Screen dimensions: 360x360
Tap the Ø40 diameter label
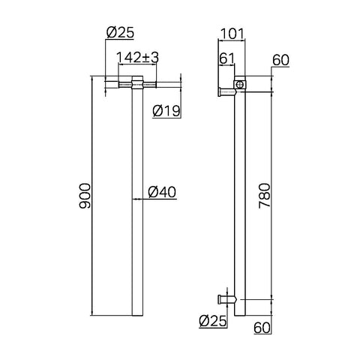click(161, 192)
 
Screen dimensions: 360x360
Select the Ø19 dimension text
click(166, 111)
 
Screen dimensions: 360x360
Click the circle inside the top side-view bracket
click(239, 86)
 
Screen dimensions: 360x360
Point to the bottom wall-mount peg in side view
click(225, 299)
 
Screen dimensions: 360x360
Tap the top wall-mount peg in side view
click(226, 92)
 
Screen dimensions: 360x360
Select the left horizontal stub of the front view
click(120, 86)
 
